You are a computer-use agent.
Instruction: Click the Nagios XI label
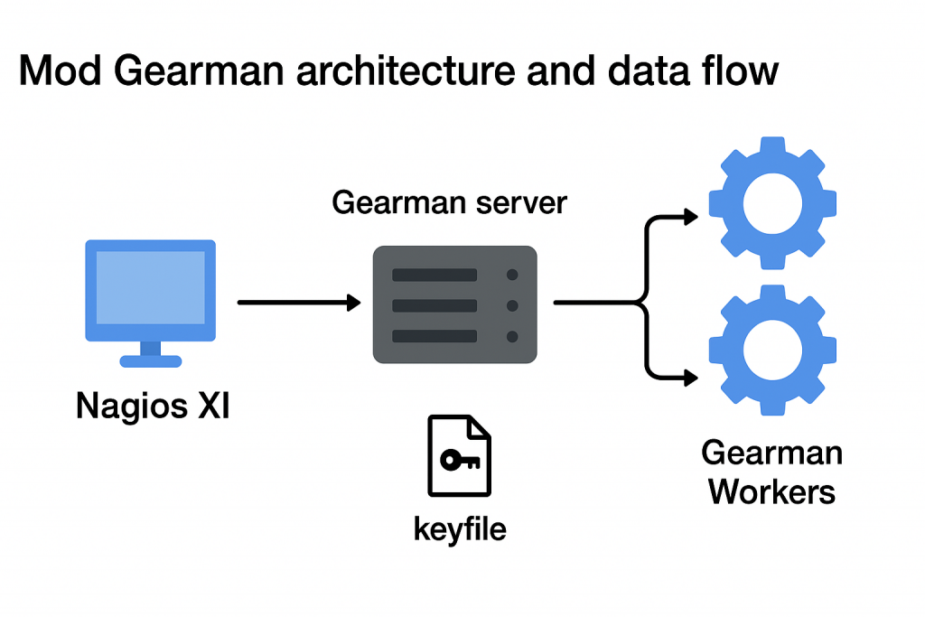point(153,406)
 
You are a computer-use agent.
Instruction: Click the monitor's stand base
point(151,361)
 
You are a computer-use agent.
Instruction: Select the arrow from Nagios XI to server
point(298,304)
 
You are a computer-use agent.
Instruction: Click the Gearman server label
point(449,202)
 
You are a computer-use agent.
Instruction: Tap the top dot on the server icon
point(512,275)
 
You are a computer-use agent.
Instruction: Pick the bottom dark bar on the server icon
point(434,336)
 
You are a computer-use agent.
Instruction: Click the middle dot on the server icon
point(512,305)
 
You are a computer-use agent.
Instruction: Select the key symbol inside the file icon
point(460,460)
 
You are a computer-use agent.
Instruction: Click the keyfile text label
point(460,528)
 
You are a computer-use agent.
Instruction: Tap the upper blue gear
point(772,203)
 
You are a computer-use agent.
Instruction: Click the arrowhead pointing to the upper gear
point(691,217)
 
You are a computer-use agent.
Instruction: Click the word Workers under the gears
point(772,491)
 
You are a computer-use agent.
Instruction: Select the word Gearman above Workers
point(772,452)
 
